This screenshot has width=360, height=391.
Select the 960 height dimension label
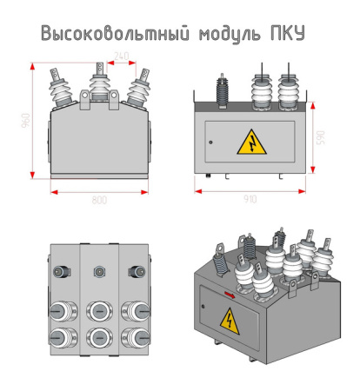[25, 120]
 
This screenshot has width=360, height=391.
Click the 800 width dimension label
[99, 200]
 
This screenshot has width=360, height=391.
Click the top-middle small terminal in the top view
[98, 272]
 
